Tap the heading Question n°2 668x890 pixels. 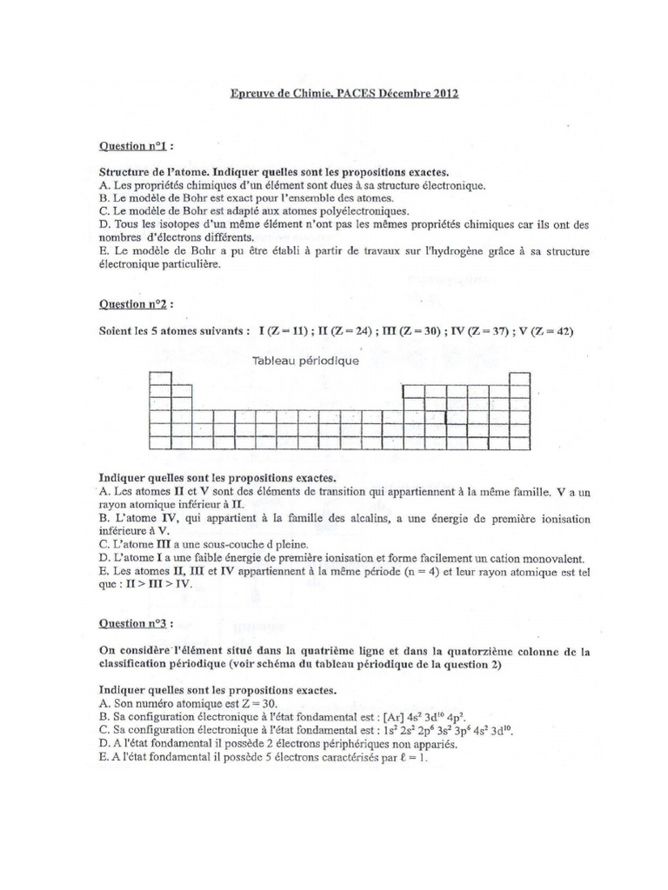click(134, 304)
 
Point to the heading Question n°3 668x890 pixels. click(134, 622)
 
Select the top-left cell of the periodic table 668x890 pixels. click(160, 378)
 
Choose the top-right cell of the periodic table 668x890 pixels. click(519, 378)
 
